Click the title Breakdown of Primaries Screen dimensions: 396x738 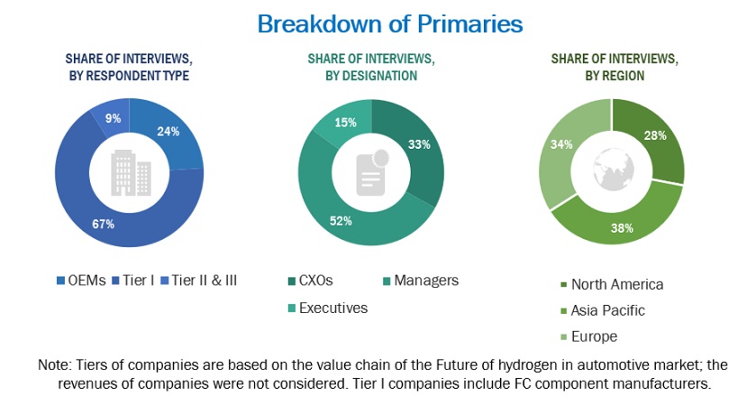389,23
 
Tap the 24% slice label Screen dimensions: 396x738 169,131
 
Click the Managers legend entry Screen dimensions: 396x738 425,281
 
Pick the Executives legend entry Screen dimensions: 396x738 333,308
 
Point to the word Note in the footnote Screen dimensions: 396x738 53,365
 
